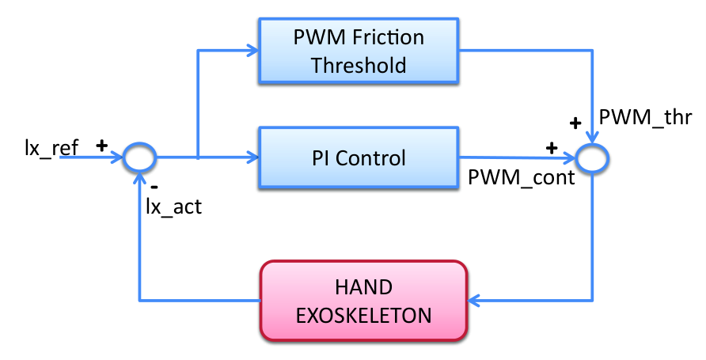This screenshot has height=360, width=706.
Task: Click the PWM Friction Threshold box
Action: [359, 51]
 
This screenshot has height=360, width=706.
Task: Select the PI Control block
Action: [359, 157]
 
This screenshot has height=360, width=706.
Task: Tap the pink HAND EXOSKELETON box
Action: [364, 301]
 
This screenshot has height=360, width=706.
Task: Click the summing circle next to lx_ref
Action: [140, 157]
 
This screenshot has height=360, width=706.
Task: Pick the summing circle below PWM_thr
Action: [593, 158]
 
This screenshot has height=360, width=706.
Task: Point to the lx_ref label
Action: [51, 148]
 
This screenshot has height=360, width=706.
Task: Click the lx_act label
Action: [174, 207]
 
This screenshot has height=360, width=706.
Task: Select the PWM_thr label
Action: [645, 117]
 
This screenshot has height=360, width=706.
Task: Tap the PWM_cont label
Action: [522, 177]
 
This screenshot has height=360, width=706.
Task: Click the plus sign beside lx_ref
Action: [102, 146]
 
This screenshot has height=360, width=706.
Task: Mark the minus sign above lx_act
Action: [154, 186]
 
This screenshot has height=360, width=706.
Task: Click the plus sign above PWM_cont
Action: [552, 148]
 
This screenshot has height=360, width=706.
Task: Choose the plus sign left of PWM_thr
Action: [575, 123]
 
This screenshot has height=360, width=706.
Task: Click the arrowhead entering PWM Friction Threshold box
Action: [252, 50]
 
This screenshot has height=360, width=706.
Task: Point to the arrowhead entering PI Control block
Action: [252, 157]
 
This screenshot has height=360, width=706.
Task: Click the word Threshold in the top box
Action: [359, 65]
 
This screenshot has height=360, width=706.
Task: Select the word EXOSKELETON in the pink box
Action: [364, 316]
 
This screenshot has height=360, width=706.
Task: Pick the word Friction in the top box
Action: [388, 37]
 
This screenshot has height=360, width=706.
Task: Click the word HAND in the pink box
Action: [364, 287]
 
